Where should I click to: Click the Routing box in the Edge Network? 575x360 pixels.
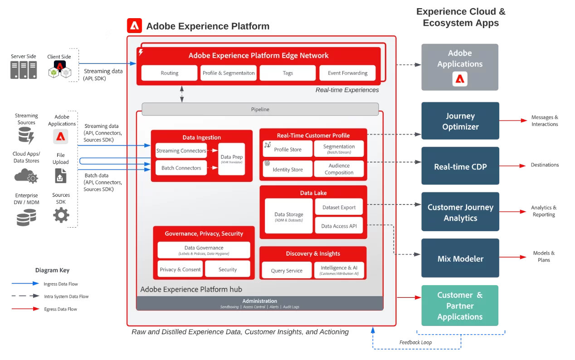170,73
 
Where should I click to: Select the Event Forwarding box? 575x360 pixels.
348,73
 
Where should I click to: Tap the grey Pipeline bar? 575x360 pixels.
260,109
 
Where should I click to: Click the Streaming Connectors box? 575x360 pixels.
181,151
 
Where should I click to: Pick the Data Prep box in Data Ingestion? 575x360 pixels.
232,159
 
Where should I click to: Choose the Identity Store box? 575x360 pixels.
288,169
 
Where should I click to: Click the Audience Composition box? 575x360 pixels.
339,169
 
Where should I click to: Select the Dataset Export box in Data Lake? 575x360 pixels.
339,207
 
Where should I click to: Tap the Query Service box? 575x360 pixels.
287,270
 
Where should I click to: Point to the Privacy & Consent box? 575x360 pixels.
180,269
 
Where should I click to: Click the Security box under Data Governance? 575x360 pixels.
228,269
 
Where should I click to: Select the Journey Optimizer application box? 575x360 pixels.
460,121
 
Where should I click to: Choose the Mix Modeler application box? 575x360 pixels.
460,258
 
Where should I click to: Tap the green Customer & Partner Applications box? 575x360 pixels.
460,306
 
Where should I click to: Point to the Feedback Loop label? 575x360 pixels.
415,342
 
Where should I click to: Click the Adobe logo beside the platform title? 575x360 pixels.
134,26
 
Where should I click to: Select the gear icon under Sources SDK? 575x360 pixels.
61,215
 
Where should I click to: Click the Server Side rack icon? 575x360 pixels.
23,70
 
